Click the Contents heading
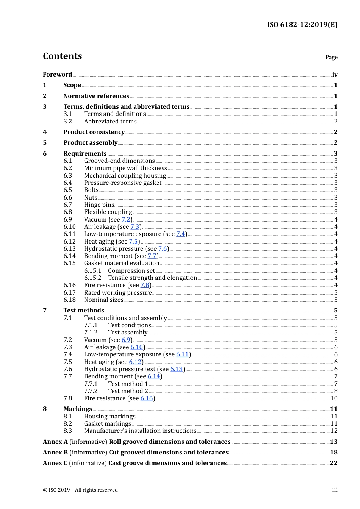62,56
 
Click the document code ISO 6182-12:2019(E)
302,25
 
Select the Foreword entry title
57,74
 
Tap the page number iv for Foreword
335,74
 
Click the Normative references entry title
96,96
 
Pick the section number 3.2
68,121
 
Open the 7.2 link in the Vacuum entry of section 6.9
126,219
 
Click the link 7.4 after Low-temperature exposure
180,234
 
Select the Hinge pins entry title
99,205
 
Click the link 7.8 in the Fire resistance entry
145,285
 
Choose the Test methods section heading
84,310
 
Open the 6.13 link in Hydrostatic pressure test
176,369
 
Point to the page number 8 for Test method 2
336,391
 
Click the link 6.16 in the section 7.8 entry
147,398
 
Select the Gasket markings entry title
108,423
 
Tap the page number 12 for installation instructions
334,431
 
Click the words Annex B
55,452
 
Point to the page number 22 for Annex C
333,463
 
